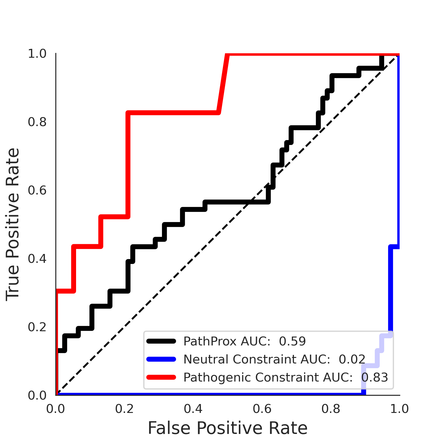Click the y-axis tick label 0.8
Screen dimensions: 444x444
pos(37,122)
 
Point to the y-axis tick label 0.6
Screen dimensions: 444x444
pos(37,190)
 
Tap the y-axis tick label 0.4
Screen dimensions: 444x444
pos(37,259)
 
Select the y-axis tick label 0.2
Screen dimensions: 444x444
pos(37,327)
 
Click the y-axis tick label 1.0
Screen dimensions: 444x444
pos(37,54)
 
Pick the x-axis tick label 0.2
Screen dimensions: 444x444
pos(125,409)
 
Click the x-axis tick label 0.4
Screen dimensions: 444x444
pos(193,409)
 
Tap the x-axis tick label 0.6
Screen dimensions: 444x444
pos(262,409)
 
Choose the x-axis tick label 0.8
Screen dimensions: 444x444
pos(331,409)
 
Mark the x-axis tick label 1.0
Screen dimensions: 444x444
pos(399,409)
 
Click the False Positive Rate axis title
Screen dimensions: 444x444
pos(228,428)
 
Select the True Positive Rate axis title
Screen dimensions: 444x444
pos(13,224)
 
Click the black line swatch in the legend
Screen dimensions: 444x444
pos(161,341)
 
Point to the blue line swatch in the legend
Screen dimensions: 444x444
pos(161,359)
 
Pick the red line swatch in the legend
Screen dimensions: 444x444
pos(161,377)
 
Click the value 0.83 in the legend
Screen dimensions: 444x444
pos(375,377)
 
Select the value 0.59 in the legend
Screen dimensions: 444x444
pos(292,341)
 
